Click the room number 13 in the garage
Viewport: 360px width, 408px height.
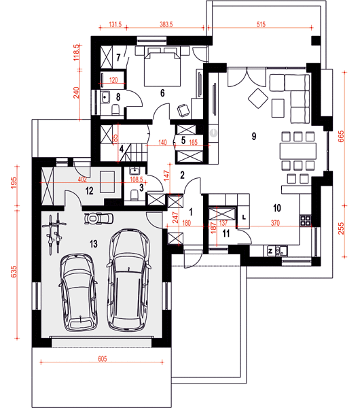94,244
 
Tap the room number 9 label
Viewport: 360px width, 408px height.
254,136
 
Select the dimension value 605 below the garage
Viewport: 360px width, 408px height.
103,359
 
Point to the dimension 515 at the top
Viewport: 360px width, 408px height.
261,24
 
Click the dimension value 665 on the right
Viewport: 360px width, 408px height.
341,137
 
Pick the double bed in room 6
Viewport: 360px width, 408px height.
162,69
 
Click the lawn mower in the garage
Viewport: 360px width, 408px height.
98,218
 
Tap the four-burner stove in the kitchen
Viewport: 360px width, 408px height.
305,220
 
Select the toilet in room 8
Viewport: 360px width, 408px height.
115,109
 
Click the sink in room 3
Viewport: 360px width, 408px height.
134,171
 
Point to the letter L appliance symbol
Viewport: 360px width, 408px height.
244,217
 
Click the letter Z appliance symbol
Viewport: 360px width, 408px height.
270,251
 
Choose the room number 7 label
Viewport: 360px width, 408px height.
118,58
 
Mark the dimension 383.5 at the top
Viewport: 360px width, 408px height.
166,24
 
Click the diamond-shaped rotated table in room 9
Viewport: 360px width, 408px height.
258,99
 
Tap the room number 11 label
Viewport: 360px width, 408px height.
226,233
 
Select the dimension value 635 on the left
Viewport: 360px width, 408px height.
14,271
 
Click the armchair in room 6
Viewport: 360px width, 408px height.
183,109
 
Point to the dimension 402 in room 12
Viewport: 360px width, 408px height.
82,180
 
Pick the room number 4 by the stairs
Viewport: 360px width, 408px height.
122,150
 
